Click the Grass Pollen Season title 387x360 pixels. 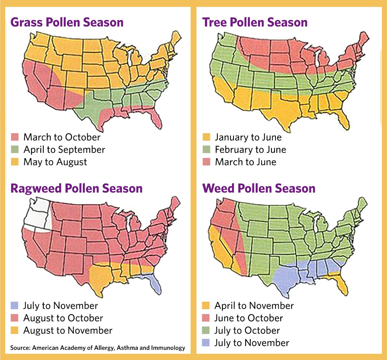click(x=67, y=22)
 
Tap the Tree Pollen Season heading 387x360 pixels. click(x=255, y=22)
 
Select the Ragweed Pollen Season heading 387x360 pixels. click(x=76, y=188)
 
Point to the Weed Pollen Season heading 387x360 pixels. click(x=259, y=188)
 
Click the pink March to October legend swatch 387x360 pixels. click(x=15, y=137)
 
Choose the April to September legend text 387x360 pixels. click(x=64, y=150)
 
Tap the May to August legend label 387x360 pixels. click(x=55, y=162)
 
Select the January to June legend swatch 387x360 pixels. click(x=206, y=137)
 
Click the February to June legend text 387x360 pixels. click(x=250, y=150)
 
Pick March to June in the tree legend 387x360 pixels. click(x=245, y=162)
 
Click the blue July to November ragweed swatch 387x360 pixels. click(x=15, y=306)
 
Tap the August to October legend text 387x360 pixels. click(x=63, y=318)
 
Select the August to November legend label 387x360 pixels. click(x=68, y=330)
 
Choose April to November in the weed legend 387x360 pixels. click(x=254, y=306)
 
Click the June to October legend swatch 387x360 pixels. click(x=206, y=318)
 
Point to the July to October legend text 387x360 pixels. click(x=247, y=330)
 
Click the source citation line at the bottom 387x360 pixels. click(x=98, y=348)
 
